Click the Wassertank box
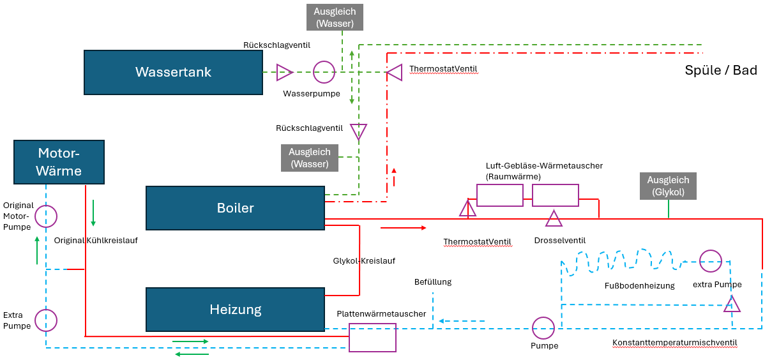pyautogui.click(x=173, y=72)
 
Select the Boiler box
pyautogui.click(x=235, y=208)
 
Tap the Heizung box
pyautogui.click(x=235, y=310)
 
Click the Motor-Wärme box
pyautogui.click(x=59, y=162)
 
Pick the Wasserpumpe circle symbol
pyautogui.click(x=324, y=72)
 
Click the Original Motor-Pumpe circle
pyautogui.click(x=46, y=216)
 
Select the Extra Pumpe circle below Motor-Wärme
pyautogui.click(x=46, y=320)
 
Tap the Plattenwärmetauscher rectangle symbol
pyautogui.click(x=372, y=337)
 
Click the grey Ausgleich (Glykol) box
pyautogui.click(x=668, y=186)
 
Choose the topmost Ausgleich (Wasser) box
pyautogui.click(x=335, y=17)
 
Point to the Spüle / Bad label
pyautogui.click(x=720, y=70)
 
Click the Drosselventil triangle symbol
pyautogui.click(x=554, y=219)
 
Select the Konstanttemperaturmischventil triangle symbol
pyautogui.click(x=732, y=304)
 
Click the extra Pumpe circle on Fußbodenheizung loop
pyautogui.click(x=711, y=261)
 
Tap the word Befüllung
pyautogui.click(x=432, y=281)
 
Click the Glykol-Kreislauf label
pyautogui.click(x=364, y=261)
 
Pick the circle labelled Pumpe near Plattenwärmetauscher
pyautogui.click(x=544, y=328)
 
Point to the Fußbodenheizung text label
pyautogui.click(x=639, y=286)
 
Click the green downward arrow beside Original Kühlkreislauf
pyautogui.click(x=93, y=213)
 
